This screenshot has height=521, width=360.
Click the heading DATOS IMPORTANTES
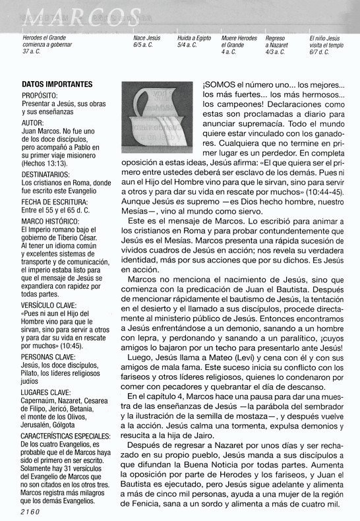click(x=57, y=84)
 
